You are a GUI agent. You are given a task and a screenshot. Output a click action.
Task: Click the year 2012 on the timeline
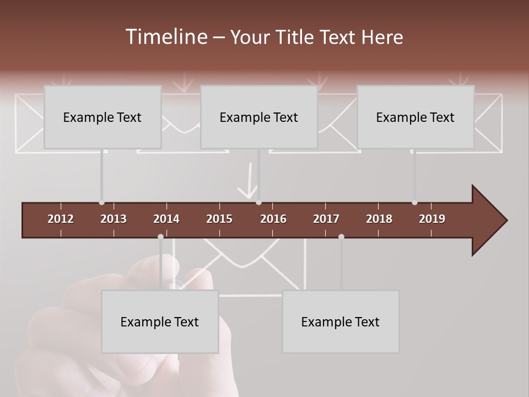(x=61, y=219)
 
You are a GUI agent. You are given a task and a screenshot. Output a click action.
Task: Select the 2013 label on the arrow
(x=114, y=219)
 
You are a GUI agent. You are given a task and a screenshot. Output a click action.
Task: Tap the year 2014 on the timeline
(x=166, y=219)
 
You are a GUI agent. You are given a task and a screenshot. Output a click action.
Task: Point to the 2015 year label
(x=219, y=219)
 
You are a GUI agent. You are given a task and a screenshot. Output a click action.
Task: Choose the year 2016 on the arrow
(x=273, y=219)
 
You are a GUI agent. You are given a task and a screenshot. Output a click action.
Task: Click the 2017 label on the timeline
(x=326, y=219)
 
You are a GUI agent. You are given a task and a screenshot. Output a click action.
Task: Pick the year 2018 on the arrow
(x=379, y=219)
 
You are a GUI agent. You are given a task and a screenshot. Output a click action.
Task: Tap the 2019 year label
(x=432, y=219)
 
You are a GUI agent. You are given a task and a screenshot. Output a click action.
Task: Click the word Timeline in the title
(x=166, y=37)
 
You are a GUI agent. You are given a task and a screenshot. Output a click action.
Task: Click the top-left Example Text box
(x=102, y=117)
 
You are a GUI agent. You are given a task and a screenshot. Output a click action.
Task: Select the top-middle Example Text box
(x=259, y=117)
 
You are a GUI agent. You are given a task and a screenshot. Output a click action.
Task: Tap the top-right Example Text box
(x=415, y=117)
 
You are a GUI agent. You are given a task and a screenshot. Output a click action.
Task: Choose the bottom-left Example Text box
(x=160, y=321)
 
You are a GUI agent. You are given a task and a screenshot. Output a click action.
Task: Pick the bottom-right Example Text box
(x=341, y=321)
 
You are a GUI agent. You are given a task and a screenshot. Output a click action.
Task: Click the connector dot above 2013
(x=101, y=202)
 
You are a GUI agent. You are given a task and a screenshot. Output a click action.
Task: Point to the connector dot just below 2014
(x=160, y=237)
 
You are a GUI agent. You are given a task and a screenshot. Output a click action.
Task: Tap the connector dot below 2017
(x=341, y=237)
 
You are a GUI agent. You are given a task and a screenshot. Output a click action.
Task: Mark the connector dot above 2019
(x=414, y=202)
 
